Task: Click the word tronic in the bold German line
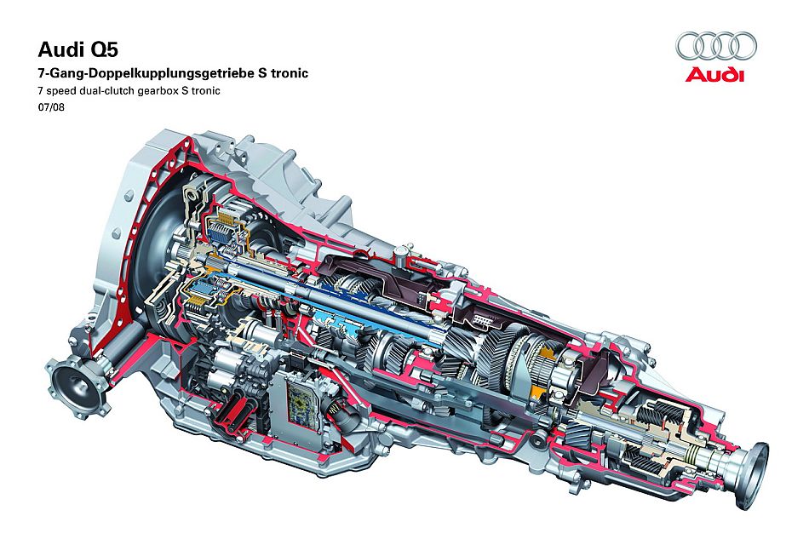pyautogui.click(x=289, y=73)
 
